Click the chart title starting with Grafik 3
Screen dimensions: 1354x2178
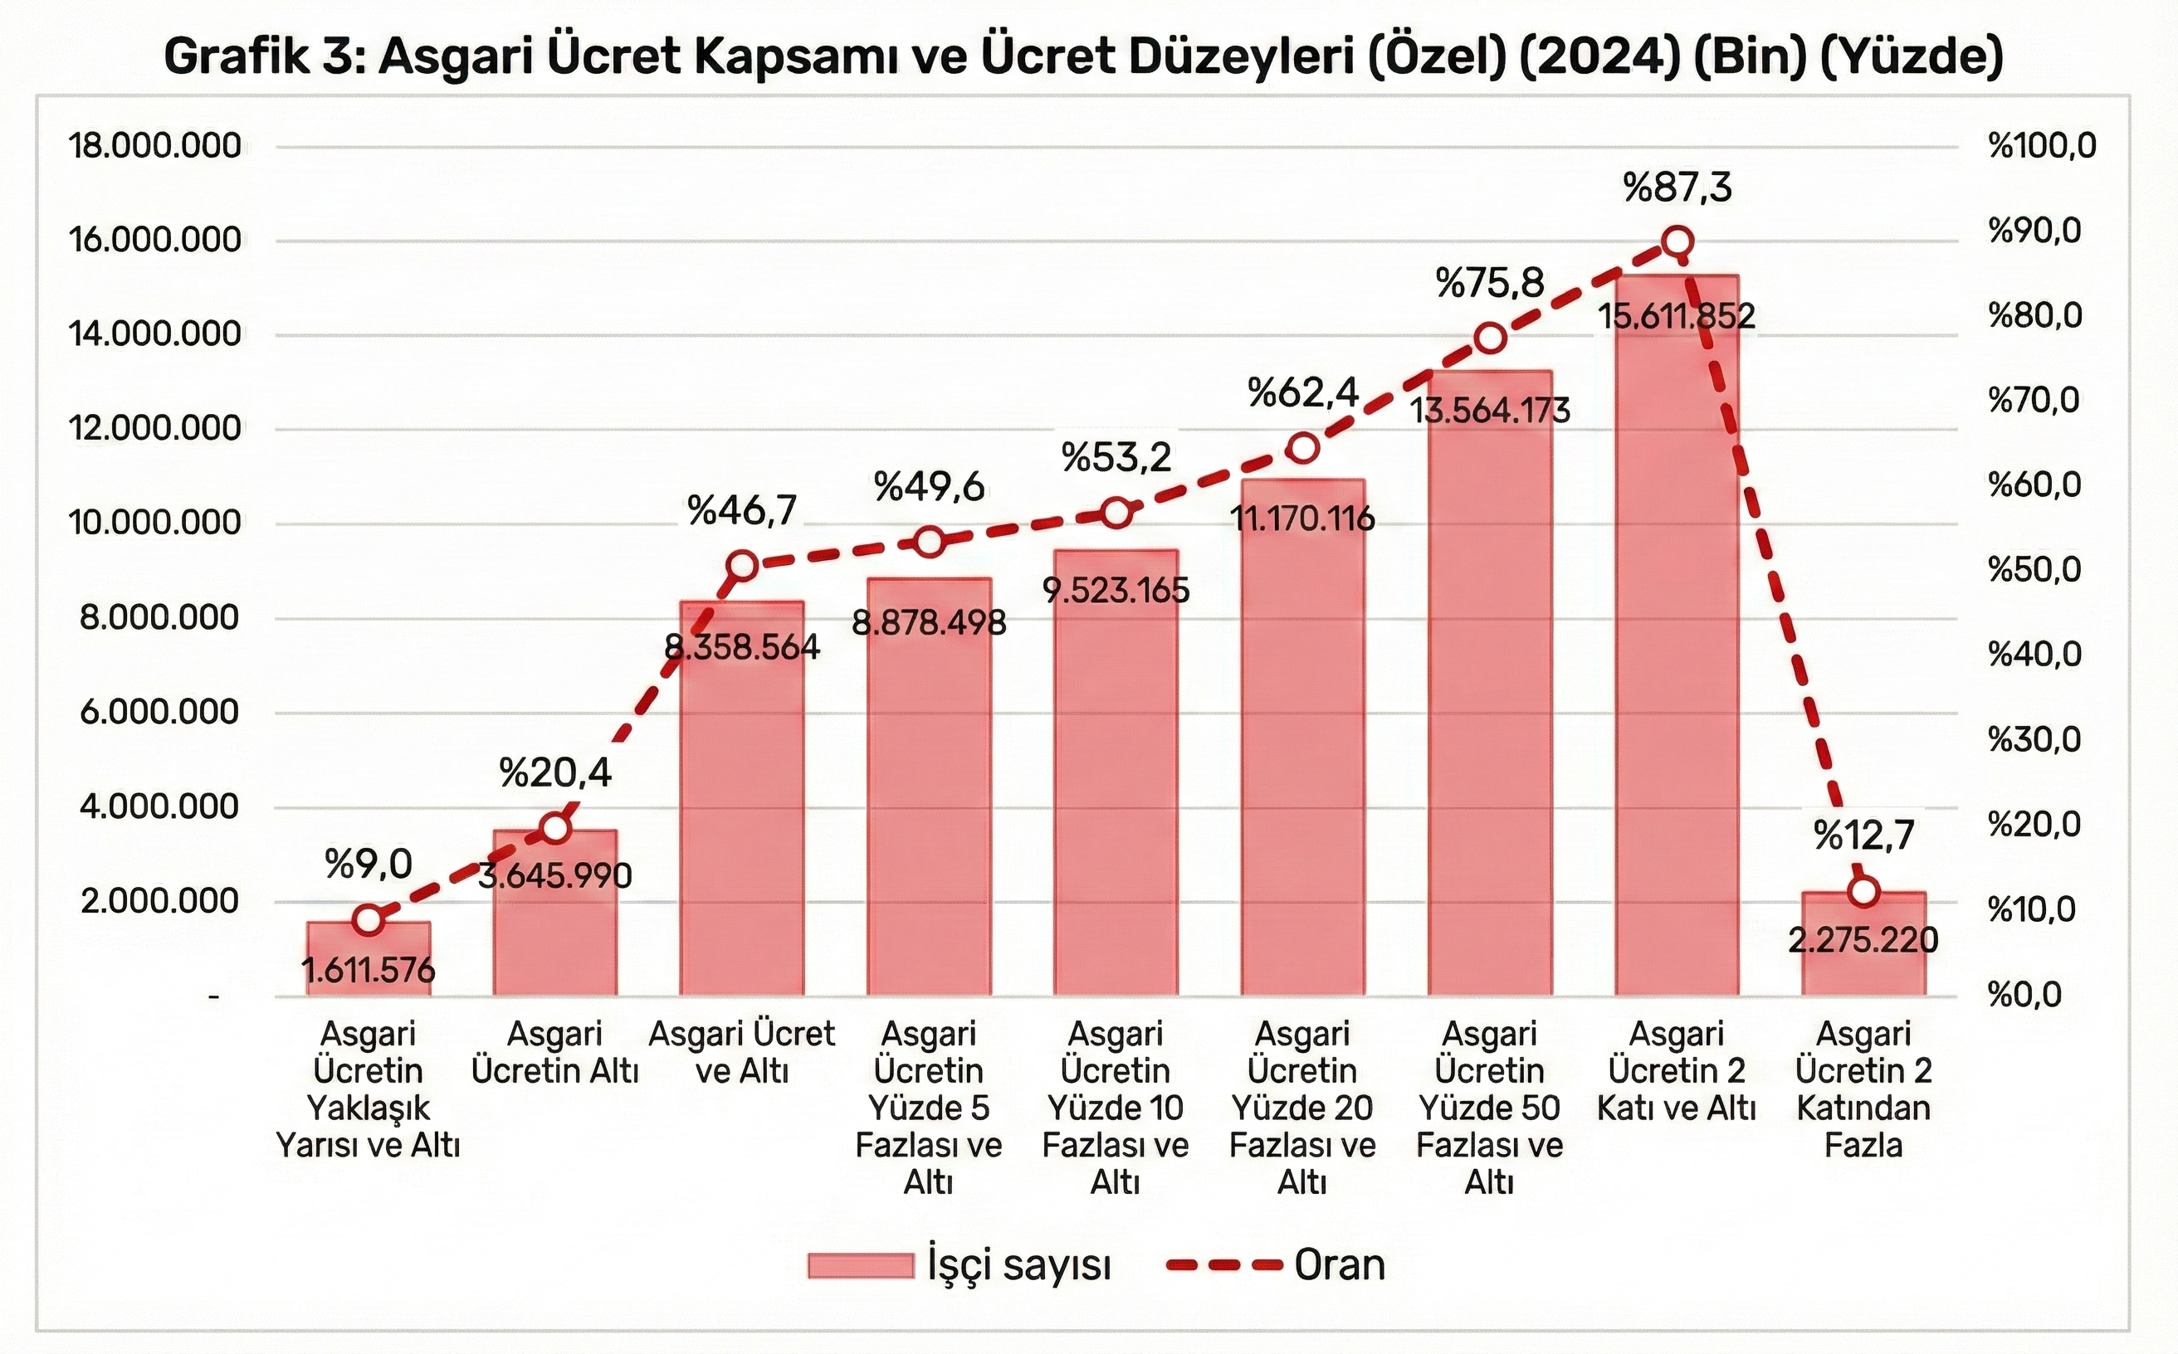coord(1083,57)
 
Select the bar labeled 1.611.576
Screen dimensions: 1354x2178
coord(369,959)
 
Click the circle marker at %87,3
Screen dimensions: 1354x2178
coord(1677,241)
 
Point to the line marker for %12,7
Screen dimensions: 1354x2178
coord(1863,892)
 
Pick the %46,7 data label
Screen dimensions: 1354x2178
coord(742,510)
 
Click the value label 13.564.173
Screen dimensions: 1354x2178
coord(1490,410)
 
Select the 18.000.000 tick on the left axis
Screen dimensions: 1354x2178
coord(156,145)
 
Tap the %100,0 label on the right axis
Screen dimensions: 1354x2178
coord(2042,145)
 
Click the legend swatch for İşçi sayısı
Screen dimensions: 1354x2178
coord(860,1265)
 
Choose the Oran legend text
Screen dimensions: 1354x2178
coord(1340,1265)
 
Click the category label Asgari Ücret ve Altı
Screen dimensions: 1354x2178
coord(742,1052)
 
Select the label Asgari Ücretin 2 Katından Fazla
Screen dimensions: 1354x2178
coord(1863,1089)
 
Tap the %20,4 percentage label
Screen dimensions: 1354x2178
coord(555,772)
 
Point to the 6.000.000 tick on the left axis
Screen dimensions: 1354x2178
coord(159,713)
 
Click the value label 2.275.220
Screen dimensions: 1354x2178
coord(1863,940)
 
